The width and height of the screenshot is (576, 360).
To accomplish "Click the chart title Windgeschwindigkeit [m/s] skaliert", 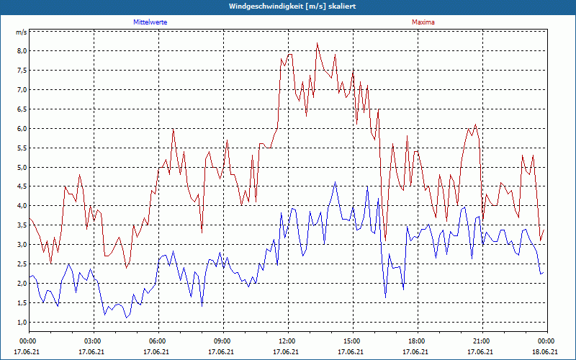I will coord(287,6).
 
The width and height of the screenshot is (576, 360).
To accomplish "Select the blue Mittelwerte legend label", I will coord(150,22).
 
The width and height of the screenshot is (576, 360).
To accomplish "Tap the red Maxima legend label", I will coord(423,22).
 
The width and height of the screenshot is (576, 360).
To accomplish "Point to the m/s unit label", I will coord(21,32).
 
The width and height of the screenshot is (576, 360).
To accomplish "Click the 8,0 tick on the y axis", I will coord(22,51).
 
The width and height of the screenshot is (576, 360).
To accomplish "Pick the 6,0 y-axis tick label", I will coord(22,129).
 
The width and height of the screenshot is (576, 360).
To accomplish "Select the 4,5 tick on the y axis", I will coord(22,187).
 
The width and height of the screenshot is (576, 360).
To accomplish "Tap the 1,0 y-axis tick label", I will coord(22,323).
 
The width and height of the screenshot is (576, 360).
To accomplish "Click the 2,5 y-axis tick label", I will coord(22,264).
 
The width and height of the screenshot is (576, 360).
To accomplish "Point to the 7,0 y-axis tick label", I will coord(22,90).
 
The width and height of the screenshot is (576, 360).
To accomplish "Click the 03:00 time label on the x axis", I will coord(93,341).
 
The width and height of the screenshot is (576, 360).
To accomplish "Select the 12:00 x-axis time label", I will coord(287,341).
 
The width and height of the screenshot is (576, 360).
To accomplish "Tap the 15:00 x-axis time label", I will coord(352,341).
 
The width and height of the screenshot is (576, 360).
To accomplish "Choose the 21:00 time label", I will coord(482,341).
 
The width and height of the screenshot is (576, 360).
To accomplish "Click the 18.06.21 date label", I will coord(546,352).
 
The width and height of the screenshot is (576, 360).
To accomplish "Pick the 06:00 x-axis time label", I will coord(158,341).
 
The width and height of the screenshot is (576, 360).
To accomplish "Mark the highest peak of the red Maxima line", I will coord(317,43).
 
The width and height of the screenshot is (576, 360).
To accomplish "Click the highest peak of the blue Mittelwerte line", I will coord(335,183).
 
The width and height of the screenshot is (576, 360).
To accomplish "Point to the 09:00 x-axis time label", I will coord(222,341).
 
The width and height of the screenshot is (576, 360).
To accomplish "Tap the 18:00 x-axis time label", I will coord(417,341).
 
